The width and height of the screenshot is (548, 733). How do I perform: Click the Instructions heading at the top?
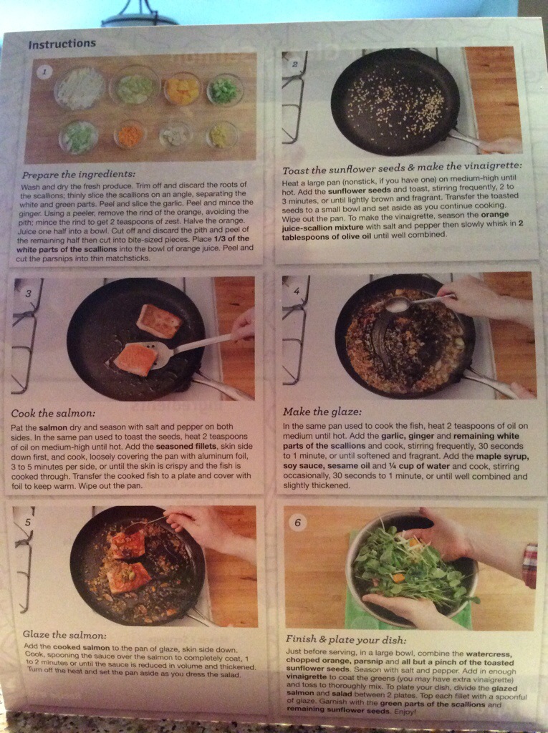(x=62, y=44)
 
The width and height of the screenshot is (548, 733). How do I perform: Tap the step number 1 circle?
(x=44, y=72)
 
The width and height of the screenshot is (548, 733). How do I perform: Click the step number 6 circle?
(x=297, y=522)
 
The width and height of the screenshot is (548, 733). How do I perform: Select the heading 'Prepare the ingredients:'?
(x=78, y=175)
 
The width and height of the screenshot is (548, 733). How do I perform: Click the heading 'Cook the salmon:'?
(x=53, y=413)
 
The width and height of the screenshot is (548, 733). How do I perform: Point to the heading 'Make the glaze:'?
(x=322, y=412)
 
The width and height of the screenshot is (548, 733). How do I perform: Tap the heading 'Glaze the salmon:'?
(x=64, y=635)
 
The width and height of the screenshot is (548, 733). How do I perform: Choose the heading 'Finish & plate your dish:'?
(x=346, y=639)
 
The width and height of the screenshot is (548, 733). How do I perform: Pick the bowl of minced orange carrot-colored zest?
(x=130, y=135)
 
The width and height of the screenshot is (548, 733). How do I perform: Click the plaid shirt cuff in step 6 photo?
(x=530, y=565)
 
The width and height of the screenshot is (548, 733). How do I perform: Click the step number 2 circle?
(x=294, y=64)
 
